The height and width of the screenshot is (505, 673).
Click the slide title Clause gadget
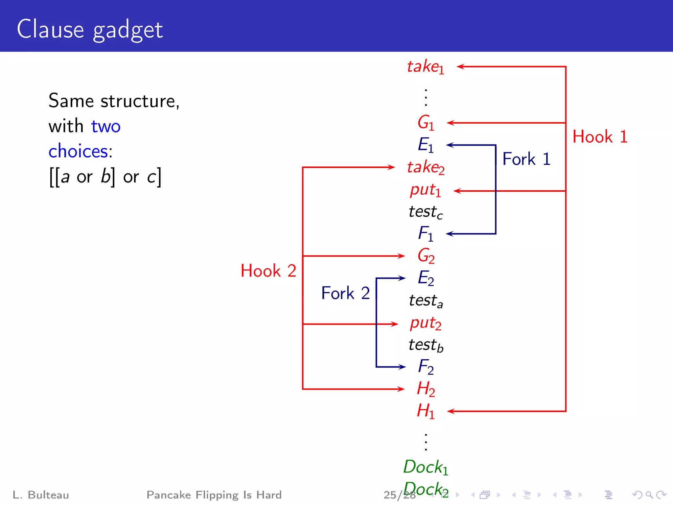(90, 30)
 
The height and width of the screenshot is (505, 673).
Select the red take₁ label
(426, 67)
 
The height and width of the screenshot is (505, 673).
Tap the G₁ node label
(426, 123)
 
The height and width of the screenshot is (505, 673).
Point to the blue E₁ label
(426, 145)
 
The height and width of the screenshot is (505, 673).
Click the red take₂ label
(426, 167)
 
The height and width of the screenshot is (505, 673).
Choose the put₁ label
(426, 190)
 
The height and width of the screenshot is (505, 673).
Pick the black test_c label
(426, 212)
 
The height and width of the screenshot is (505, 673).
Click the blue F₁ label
(426, 234)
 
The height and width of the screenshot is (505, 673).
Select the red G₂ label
(426, 256)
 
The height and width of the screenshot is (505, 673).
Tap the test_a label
(426, 301)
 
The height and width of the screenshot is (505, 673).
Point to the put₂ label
(426, 324)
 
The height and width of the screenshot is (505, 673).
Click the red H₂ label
(426, 389)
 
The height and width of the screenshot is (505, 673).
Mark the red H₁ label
(426, 411)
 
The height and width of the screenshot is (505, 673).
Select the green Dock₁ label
(426, 467)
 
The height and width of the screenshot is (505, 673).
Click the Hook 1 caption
(600, 137)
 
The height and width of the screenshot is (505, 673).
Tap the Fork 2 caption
(345, 293)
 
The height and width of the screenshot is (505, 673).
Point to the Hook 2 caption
(268, 271)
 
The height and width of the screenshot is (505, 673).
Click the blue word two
(106, 126)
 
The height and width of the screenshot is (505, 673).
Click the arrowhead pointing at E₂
(402, 278)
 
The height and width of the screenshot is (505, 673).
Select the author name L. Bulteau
(41, 495)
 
